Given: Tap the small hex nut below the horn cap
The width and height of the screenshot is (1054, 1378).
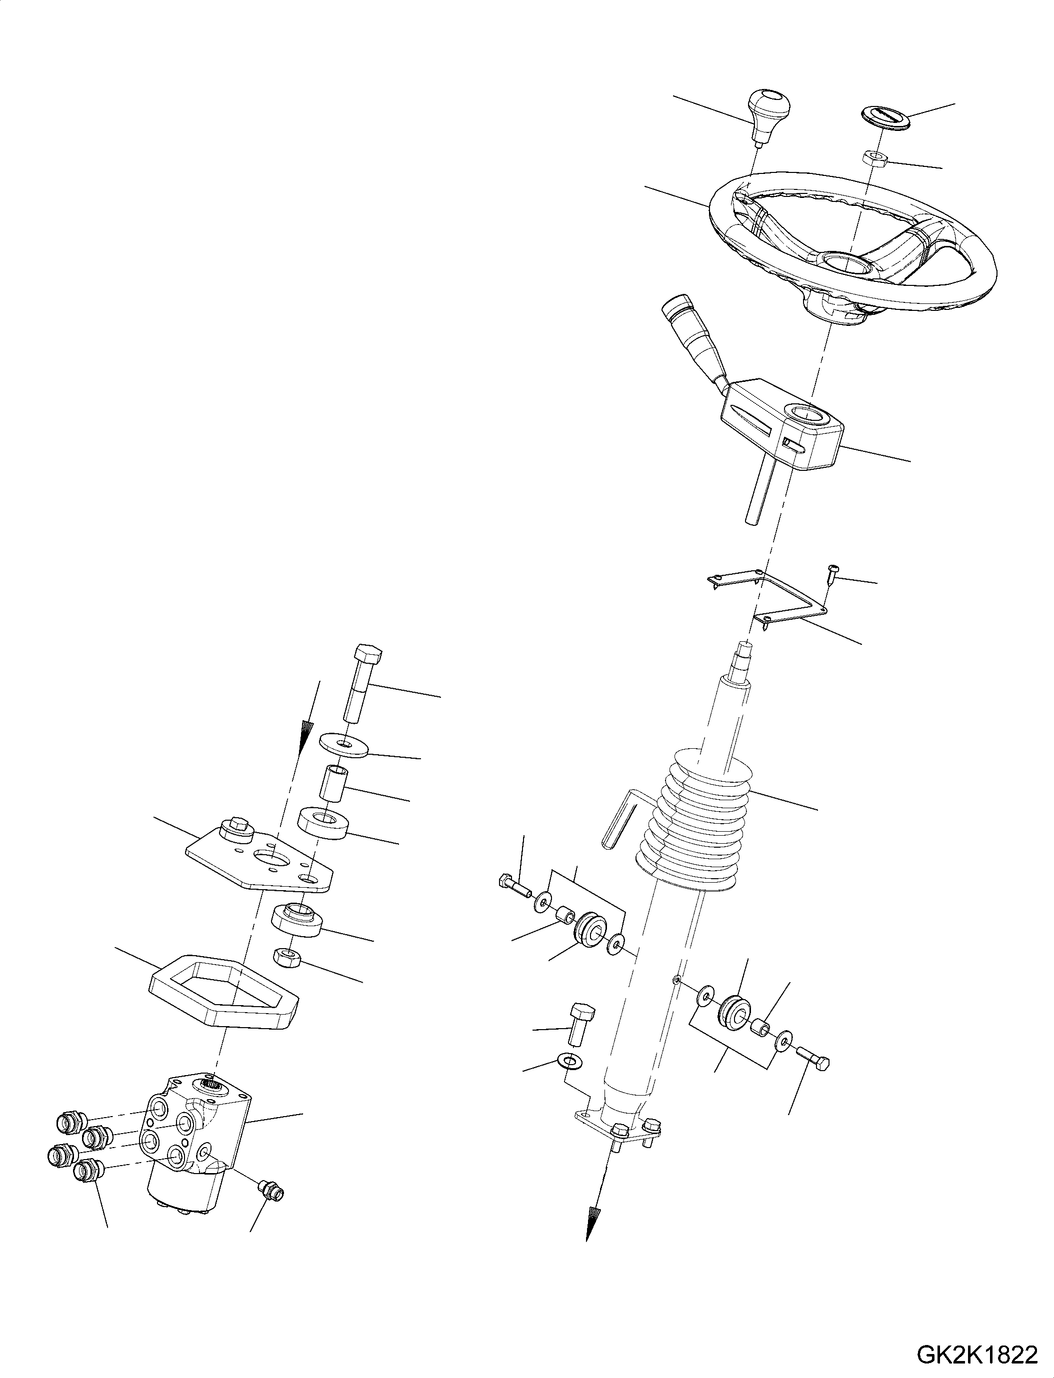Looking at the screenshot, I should [x=872, y=158].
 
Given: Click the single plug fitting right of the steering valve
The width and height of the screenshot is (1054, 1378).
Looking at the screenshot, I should [x=271, y=1186].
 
